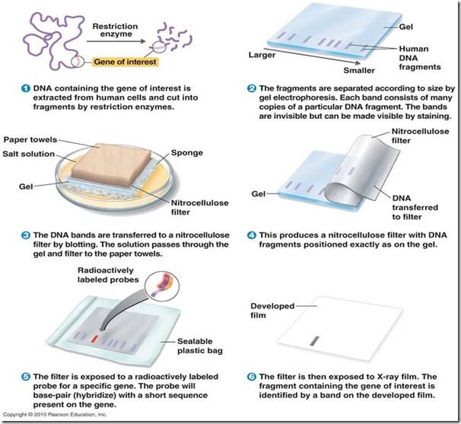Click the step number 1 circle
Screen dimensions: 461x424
click(26, 88)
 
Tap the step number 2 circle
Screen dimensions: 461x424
click(252, 88)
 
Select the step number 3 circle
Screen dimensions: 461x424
click(26, 235)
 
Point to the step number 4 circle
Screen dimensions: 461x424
click(252, 235)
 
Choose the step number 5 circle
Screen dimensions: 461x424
click(26, 377)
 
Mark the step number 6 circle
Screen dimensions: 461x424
click(252, 377)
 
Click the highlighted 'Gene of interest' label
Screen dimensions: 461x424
click(126, 62)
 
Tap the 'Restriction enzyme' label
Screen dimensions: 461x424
click(116, 30)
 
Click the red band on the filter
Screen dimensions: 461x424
click(94, 339)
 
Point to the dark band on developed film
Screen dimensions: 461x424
click(315, 341)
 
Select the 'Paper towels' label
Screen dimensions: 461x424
click(30, 139)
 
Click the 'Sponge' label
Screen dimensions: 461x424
click(187, 153)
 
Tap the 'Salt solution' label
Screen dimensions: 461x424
click(29, 154)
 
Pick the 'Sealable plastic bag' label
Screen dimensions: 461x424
click(200, 346)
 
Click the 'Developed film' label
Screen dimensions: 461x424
click(272, 311)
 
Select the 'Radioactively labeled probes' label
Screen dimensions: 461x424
click(108, 275)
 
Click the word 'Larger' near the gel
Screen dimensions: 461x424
click(262, 55)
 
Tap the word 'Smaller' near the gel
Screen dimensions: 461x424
click(359, 70)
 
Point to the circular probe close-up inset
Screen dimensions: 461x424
click(162, 286)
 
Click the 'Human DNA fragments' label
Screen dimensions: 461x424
click(420, 58)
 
